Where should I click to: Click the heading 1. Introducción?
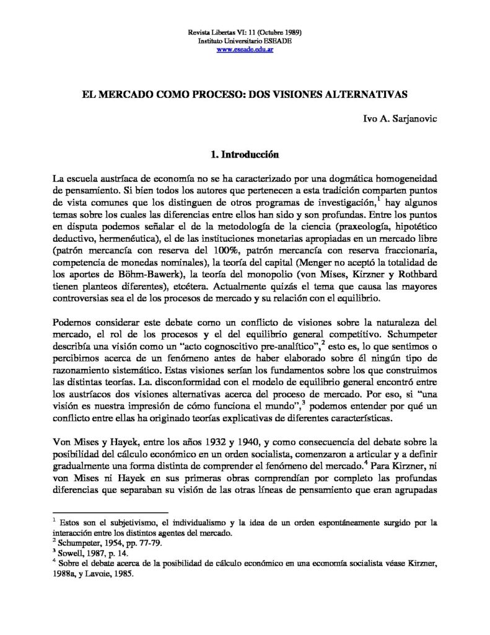244,153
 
